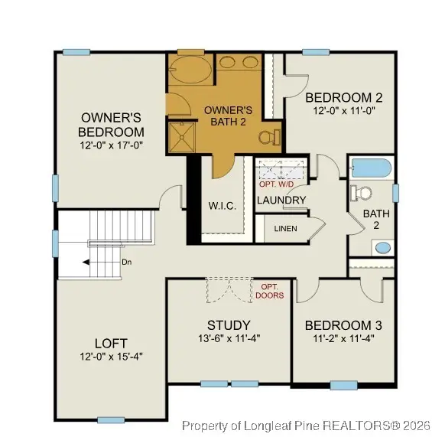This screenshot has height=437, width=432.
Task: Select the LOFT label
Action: [x=111, y=343]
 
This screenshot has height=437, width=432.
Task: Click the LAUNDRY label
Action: [x=281, y=201]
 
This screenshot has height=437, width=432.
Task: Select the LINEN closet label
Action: [x=284, y=229]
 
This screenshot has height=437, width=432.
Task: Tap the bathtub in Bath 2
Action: [x=371, y=168]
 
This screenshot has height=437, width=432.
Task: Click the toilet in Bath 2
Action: [x=361, y=194]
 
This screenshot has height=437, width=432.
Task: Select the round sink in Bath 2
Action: [x=382, y=248]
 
